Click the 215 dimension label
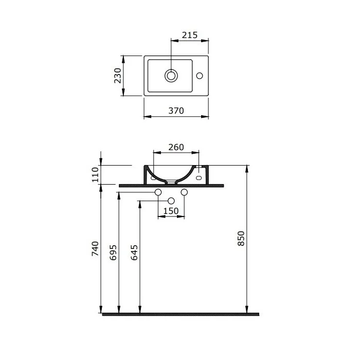click(190, 35)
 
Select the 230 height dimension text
click(118, 76)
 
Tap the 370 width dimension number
click(176, 111)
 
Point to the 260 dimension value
click(176, 147)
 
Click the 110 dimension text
click(95, 175)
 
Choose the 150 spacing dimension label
click(171, 211)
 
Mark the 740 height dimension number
click(95, 248)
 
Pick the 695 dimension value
click(113, 253)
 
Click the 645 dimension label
click(134, 253)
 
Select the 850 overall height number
click(241, 239)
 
